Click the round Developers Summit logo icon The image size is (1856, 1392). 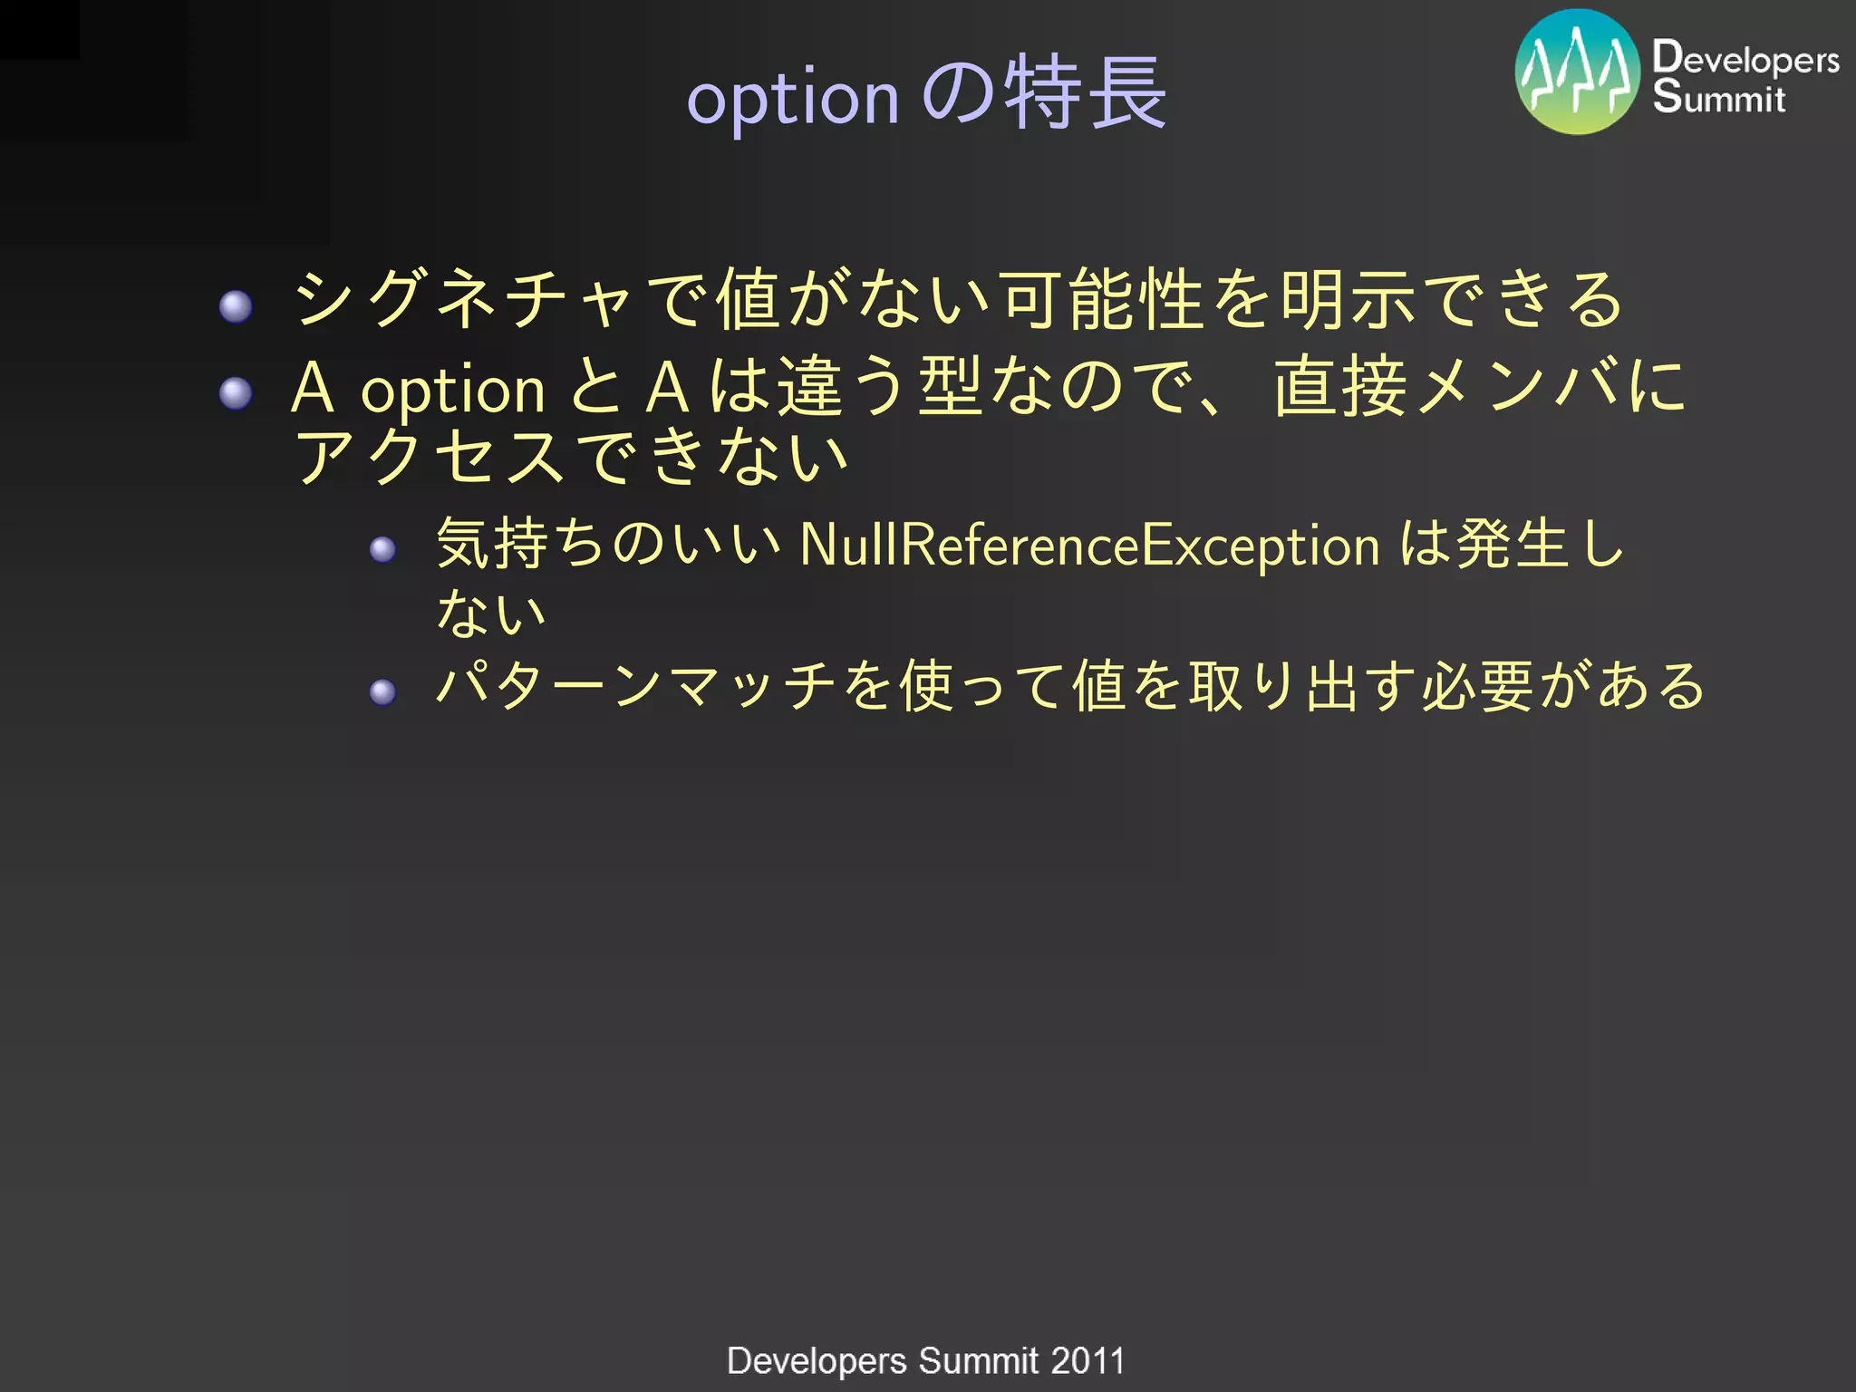pos(1577,72)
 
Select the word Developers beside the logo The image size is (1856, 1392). pos(1745,58)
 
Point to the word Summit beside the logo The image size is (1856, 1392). pos(1718,97)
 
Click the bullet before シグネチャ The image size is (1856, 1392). pos(236,306)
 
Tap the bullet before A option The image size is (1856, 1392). pos(236,393)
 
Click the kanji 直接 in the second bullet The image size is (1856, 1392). pos(1339,387)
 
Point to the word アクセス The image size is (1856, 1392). pos(430,456)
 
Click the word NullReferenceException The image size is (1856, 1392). pos(1090,546)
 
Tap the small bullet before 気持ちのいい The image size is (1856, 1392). pos(383,549)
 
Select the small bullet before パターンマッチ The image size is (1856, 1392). pos(383,692)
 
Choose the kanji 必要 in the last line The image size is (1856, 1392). pos(1477,686)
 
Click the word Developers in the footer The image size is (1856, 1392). pos(817,1361)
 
